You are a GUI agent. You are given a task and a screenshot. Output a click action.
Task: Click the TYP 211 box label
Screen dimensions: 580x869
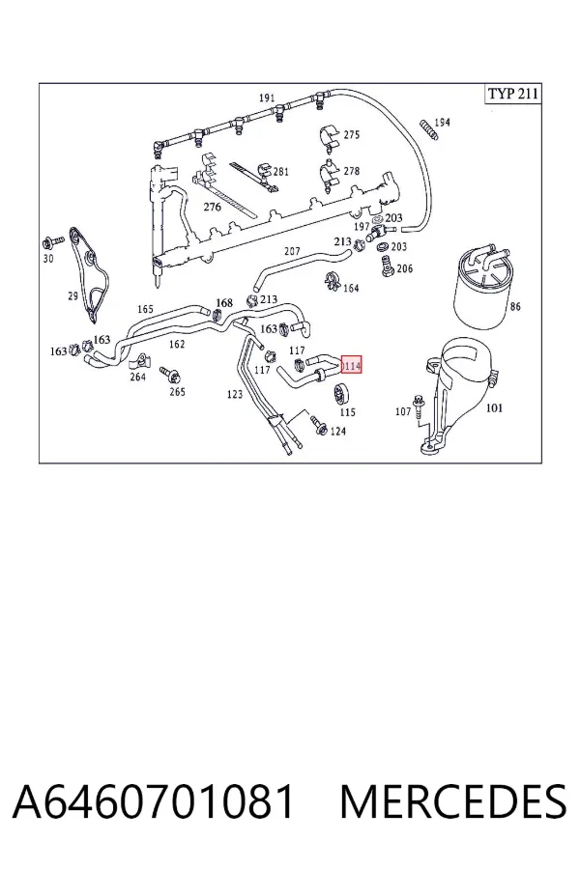coord(513,93)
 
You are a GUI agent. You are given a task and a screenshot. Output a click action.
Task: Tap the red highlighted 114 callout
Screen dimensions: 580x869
coord(351,365)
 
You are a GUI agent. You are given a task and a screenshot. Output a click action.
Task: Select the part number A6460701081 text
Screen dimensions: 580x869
coord(153,801)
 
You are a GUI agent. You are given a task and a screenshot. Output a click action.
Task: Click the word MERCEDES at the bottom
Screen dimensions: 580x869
coord(453,801)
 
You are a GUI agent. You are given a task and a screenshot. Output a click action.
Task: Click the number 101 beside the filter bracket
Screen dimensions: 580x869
coord(494,407)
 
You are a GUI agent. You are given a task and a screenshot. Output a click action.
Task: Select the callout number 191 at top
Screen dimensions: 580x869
coord(267,98)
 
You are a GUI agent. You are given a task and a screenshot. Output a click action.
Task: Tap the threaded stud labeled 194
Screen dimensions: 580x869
coord(427,129)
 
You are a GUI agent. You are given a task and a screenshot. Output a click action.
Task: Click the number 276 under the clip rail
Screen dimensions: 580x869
coord(212,207)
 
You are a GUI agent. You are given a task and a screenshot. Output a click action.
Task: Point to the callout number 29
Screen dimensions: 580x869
coord(72,296)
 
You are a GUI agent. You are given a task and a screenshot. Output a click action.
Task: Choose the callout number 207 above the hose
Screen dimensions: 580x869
coord(292,251)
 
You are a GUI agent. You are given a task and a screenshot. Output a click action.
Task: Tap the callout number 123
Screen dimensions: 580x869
coord(235,394)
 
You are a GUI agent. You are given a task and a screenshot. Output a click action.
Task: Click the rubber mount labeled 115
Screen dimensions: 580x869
coord(338,394)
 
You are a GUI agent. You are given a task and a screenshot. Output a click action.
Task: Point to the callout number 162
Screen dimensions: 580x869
coord(177,344)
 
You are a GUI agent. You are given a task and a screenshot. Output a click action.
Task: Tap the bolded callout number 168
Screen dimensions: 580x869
coord(224,302)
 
